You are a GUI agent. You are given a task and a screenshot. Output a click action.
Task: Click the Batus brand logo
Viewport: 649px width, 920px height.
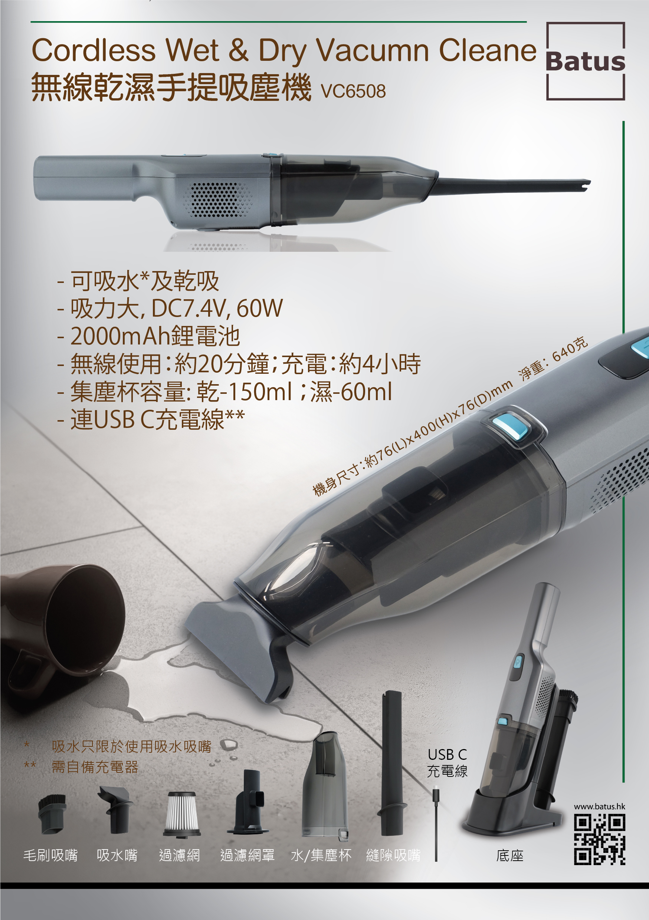[x=585, y=61]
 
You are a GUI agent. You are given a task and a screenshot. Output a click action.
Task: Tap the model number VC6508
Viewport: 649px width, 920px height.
[x=353, y=91]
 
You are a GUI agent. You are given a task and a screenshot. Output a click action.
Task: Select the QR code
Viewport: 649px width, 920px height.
[x=599, y=840]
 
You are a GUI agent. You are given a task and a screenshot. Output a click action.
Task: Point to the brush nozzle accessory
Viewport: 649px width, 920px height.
[x=52, y=814]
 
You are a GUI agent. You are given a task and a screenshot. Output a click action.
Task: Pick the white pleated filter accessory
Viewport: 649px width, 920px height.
[x=181, y=814]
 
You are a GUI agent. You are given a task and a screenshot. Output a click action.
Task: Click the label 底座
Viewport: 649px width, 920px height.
[x=509, y=855]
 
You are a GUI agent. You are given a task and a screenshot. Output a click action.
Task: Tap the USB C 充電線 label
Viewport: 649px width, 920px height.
[x=448, y=762]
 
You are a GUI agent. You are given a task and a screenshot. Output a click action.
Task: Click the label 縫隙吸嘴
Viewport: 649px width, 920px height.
[x=393, y=855]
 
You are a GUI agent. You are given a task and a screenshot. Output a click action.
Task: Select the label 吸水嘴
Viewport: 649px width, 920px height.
[x=117, y=855]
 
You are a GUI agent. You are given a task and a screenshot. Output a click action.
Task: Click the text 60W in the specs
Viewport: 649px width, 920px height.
[x=260, y=308]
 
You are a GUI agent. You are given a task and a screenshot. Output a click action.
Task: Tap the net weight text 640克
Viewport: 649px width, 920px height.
[x=570, y=349]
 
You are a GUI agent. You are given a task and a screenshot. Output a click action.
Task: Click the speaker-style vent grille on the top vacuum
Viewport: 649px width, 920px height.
[x=218, y=199]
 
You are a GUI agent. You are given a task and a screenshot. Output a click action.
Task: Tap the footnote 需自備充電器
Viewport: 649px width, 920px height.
[x=95, y=767]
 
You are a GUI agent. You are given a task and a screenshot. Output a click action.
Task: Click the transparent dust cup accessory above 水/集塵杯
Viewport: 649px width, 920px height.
[x=325, y=785]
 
